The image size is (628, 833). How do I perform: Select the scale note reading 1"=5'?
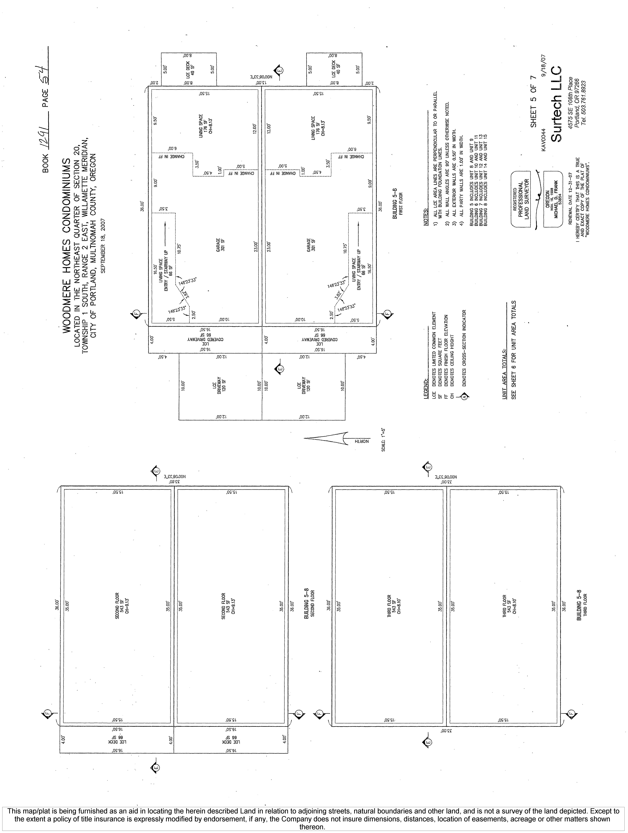pos(383,439)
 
